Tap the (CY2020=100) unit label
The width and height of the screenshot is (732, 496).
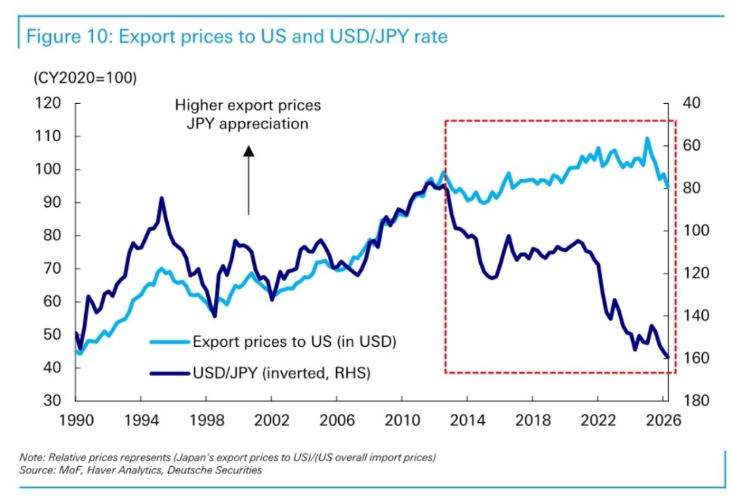click(x=85, y=77)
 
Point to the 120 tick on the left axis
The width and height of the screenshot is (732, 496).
click(x=48, y=103)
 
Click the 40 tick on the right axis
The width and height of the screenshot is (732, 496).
click(x=691, y=103)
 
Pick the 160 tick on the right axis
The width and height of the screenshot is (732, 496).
click(x=695, y=358)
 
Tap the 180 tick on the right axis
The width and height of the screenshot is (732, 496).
click(x=695, y=400)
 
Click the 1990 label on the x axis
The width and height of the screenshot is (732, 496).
click(x=76, y=420)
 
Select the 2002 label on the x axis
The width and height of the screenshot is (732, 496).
click(x=271, y=420)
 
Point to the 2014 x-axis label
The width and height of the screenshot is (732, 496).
click(x=467, y=420)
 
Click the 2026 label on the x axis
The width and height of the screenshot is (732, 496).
click(x=663, y=420)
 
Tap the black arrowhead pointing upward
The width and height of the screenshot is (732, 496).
click(x=249, y=151)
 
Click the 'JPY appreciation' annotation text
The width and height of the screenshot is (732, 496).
click(x=247, y=124)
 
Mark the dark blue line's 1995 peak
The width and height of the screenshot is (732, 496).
click(x=161, y=198)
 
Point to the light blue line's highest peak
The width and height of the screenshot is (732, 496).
click(x=647, y=138)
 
